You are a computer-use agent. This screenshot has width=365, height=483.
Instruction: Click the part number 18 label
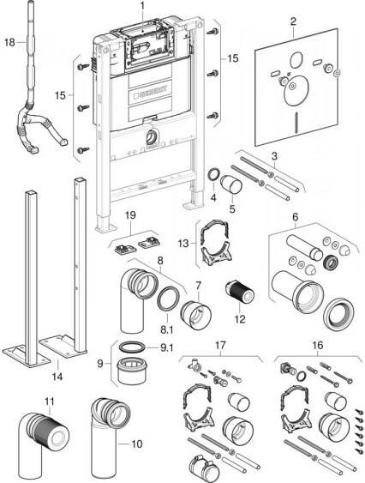tap(9, 42)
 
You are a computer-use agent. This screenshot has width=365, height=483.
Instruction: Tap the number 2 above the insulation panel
tap(293, 21)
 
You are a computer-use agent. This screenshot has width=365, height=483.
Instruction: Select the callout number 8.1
tap(166, 330)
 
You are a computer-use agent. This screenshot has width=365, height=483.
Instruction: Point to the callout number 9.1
tap(167, 347)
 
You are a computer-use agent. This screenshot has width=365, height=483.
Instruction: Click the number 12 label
tap(240, 319)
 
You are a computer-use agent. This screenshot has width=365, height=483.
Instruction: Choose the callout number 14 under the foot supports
tap(57, 376)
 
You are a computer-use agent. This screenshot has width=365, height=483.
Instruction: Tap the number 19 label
tap(130, 215)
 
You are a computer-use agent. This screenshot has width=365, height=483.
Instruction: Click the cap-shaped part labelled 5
tap(231, 185)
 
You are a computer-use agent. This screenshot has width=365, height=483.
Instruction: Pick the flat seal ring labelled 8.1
tap(168, 300)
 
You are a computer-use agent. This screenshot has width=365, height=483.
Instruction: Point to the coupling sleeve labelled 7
tap(195, 316)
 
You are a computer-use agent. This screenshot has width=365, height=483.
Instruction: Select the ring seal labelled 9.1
tap(131, 347)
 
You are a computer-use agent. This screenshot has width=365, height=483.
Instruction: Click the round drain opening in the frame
tap(152, 136)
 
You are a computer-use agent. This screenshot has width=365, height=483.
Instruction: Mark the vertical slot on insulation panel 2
tap(297, 124)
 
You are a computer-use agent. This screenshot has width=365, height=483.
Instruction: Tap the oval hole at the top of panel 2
tap(296, 59)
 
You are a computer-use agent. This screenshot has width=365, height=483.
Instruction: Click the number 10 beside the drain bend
tap(137, 444)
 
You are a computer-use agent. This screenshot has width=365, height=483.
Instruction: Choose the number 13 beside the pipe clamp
tap(183, 244)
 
